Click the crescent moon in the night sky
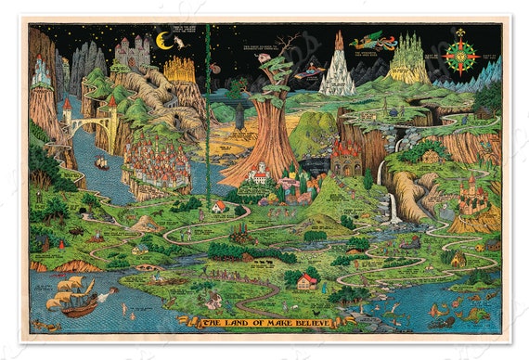(x=163, y=40)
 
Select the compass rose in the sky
(x=460, y=52)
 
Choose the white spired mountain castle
(x=337, y=67)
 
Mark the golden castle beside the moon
(x=180, y=69)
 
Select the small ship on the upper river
(x=101, y=163)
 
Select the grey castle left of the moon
(x=133, y=50)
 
